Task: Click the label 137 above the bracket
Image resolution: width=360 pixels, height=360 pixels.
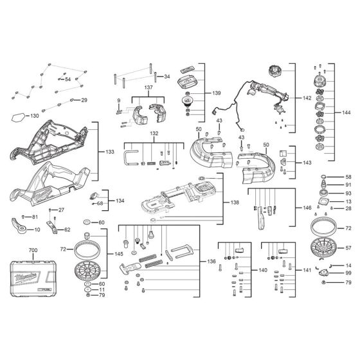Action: tap(148, 88)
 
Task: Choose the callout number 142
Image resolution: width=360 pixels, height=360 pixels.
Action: tap(307, 98)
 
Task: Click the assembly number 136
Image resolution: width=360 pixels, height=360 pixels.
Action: tap(212, 261)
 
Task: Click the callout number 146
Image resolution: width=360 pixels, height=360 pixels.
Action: tap(307, 209)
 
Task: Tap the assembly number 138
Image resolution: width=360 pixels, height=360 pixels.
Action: tap(235, 203)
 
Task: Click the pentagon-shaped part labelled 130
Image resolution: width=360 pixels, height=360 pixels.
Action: tap(19, 117)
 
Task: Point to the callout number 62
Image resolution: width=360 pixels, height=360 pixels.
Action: tap(67, 230)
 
